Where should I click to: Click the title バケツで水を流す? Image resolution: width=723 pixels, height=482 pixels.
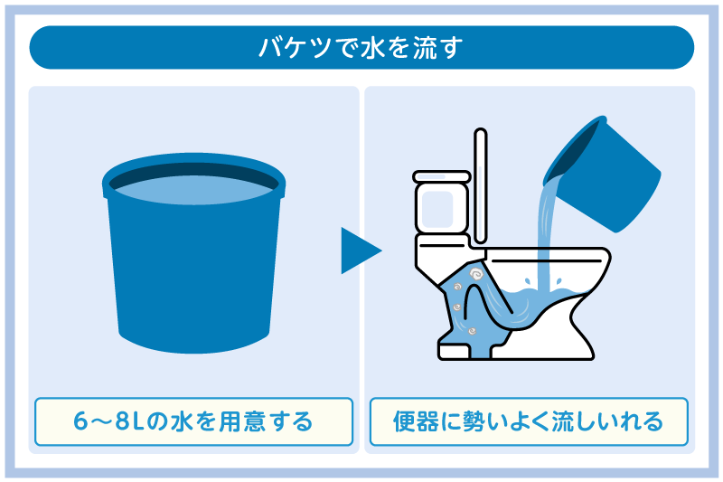[x=361, y=48]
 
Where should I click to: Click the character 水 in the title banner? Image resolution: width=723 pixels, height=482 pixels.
[x=372, y=48]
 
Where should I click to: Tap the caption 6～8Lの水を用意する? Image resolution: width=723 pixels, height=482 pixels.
[x=193, y=421]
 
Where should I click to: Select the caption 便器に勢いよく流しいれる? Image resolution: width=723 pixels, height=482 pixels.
[x=529, y=421]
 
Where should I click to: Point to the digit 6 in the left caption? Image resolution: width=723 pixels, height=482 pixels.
[x=80, y=421]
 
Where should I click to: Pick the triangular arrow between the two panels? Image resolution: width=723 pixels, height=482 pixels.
[x=361, y=250]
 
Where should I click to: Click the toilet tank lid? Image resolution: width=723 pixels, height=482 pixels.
[x=442, y=176]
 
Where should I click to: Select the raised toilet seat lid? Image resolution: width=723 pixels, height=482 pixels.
[x=481, y=185]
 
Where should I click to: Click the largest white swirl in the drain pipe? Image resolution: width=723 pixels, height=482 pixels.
[x=475, y=275]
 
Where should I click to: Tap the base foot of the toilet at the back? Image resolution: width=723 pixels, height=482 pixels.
[x=454, y=352]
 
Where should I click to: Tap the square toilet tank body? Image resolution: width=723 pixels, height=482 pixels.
[x=442, y=208]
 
